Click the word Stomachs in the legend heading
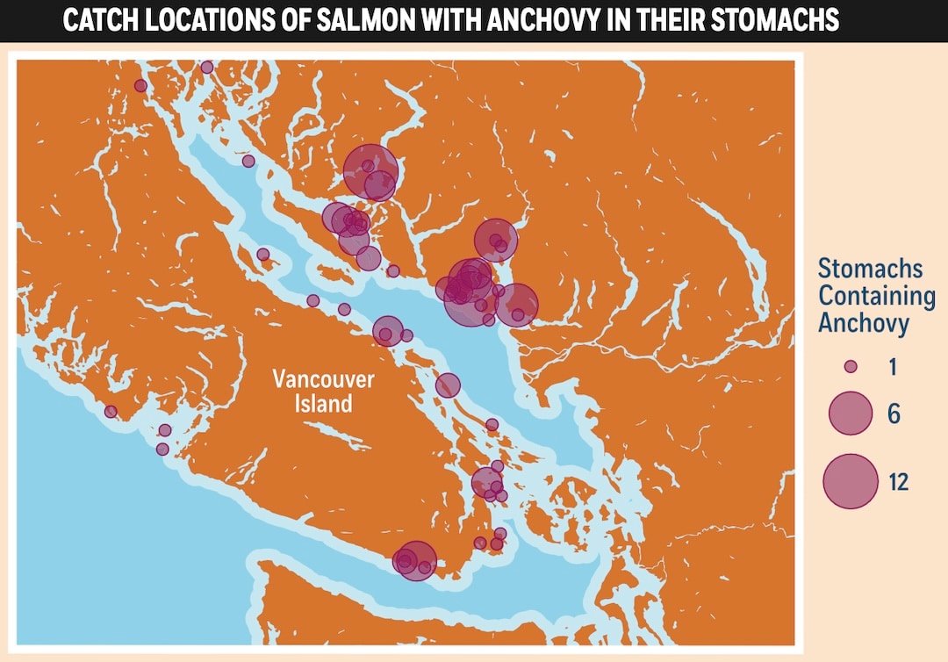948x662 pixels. point(870,269)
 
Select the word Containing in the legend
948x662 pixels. point(876,296)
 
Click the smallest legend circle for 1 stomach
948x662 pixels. point(850,366)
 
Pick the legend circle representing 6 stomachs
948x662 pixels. point(850,413)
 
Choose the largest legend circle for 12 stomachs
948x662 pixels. point(850,480)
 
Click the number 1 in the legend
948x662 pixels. point(893,367)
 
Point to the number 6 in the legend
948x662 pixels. point(894,414)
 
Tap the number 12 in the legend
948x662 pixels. point(897,481)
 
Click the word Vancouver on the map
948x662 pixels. point(323,380)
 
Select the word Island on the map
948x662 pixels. point(323,404)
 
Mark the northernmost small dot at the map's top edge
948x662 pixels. point(207,67)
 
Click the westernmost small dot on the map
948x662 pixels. point(111,411)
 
